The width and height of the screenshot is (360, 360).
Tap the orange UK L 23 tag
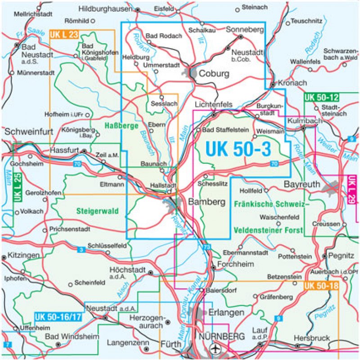click(64, 34)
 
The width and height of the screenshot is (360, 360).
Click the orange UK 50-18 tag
click(321, 285)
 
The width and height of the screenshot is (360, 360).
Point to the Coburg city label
click(214, 74)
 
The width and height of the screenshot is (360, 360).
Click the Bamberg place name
click(207, 202)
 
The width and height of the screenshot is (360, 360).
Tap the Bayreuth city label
click(303, 184)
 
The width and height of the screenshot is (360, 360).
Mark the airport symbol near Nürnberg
click(216, 348)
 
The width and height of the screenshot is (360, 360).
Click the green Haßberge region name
click(121, 126)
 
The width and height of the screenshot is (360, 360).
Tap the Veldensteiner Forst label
click(269, 230)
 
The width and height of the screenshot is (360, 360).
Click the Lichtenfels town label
click(213, 104)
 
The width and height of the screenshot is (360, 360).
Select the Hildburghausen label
click(105, 9)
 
